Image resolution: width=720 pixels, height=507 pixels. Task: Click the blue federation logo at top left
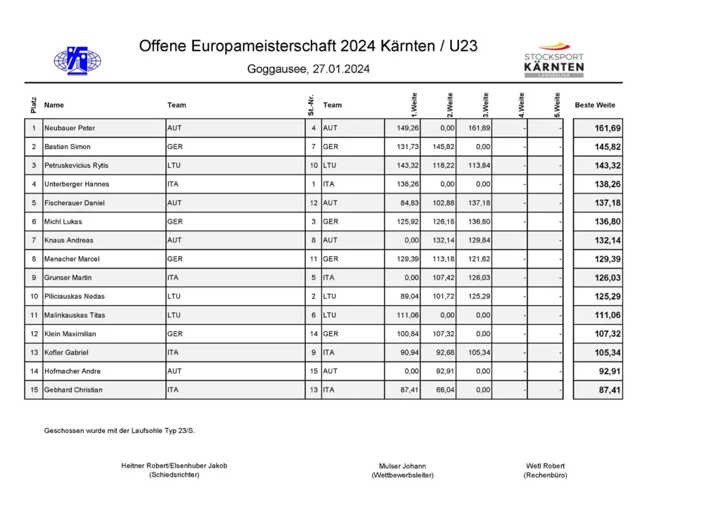click(x=77, y=60)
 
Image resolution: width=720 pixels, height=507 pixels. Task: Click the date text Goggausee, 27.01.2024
click(x=309, y=70)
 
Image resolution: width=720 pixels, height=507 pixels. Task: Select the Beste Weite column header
click(x=595, y=105)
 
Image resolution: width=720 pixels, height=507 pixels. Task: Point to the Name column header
click(x=54, y=105)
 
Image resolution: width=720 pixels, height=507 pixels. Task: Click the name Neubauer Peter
click(x=70, y=129)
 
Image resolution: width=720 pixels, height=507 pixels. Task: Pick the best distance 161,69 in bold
click(x=607, y=129)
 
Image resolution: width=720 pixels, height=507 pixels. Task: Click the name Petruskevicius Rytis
click(x=77, y=166)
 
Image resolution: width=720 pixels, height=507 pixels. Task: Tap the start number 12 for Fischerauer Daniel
click(x=314, y=203)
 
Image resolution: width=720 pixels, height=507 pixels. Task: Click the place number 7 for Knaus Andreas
click(x=34, y=240)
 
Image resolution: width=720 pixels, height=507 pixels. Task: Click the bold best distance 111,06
click(x=607, y=316)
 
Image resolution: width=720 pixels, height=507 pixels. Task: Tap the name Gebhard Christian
click(x=73, y=390)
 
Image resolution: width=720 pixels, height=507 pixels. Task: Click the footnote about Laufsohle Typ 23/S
click(x=120, y=430)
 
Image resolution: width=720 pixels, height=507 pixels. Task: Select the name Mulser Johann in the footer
click(x=402, y=466)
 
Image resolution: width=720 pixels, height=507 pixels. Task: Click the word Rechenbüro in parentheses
click(x=545, y=475)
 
